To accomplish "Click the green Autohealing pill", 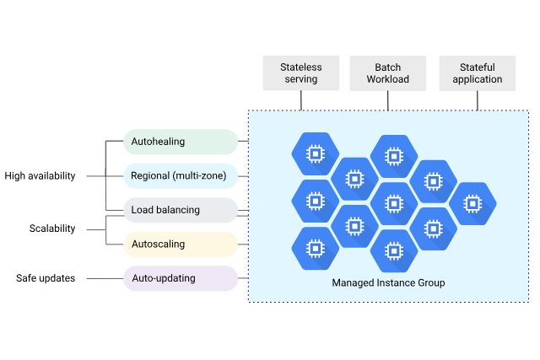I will click(181, 142).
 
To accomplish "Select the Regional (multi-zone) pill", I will click(181, 176).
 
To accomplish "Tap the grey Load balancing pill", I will click(181, 210).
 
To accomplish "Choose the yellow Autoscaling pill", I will click(181, 244).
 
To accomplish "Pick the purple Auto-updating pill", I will click(181, 278).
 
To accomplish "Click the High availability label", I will click(40, 176).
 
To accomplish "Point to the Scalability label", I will click(51, 228).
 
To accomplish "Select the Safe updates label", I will click(46, 278).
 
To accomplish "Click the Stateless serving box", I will click(300, 73).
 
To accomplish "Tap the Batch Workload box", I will click(387, 73).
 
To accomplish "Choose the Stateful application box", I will click(477, 73).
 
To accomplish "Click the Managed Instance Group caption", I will click(388, 282).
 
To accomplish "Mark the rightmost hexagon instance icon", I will click(472, 203).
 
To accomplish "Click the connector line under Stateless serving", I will click(301, 100).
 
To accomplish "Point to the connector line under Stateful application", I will click(478, 100).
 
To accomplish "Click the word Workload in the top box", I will click(387, 80).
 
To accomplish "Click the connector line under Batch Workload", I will click(388, 100).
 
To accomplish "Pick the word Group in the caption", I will click(429, 282).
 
